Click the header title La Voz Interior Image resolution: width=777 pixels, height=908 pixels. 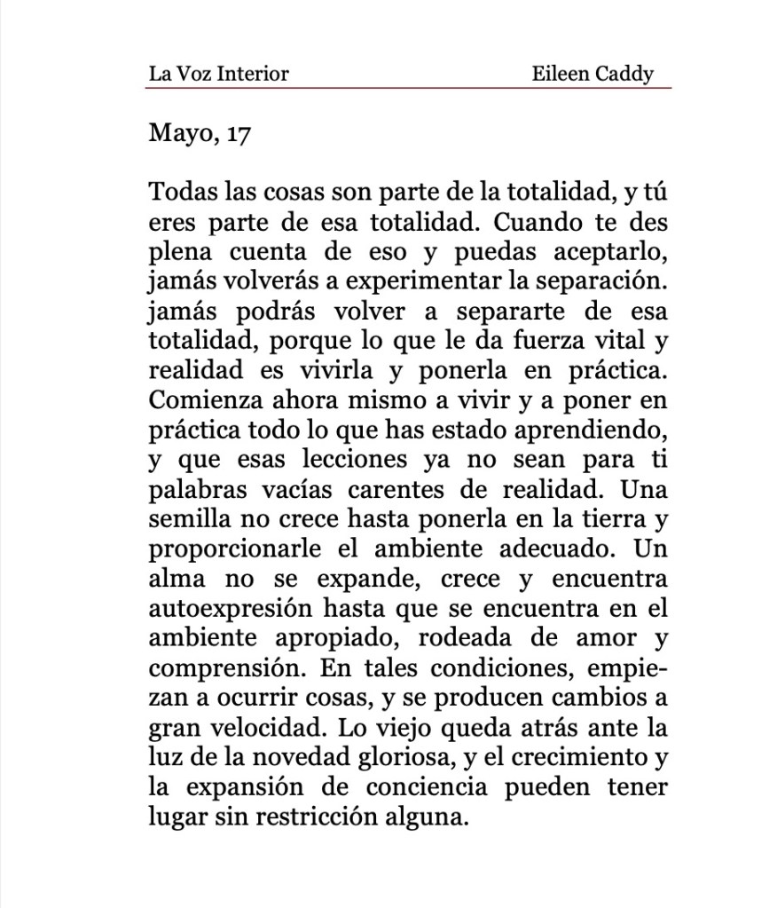point(218,74)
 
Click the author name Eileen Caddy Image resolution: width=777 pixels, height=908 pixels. point(593,74)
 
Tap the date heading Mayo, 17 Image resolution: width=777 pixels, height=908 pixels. point(200,136)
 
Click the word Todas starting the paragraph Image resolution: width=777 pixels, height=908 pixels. point(179,192)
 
